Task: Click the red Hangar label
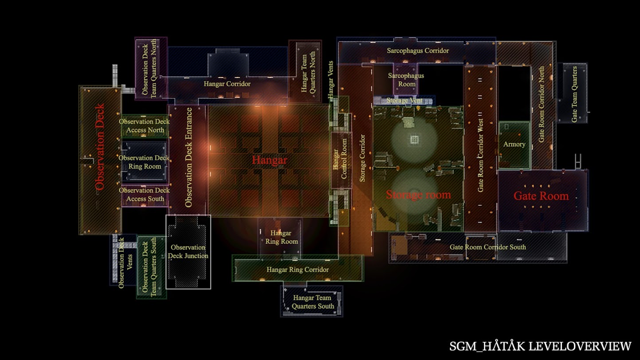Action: [x=269, y=160]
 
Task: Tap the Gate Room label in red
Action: [x=541, y=196]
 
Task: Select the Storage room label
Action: [x=418, y=194]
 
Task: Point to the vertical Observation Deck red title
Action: [x=100, y=147]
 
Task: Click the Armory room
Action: [x=514, y=145]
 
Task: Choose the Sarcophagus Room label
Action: [x=406, y=80]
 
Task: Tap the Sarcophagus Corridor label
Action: [x=418, y=51]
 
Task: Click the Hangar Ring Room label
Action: [x=281, y=237]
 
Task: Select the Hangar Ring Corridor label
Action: [x=297, y=270]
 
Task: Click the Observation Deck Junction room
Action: [x=188, y=251]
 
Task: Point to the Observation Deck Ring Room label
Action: [x=144, y=162]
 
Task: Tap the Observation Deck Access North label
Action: [x=144, y=126]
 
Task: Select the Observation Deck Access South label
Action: [x=144, y=195]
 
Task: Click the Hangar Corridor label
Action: [x=227, y=83]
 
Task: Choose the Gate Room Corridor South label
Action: [x=488, y=247]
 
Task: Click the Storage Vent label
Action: [x=403, y=101]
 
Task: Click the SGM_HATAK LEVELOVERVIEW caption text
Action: [x=540, y=346]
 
